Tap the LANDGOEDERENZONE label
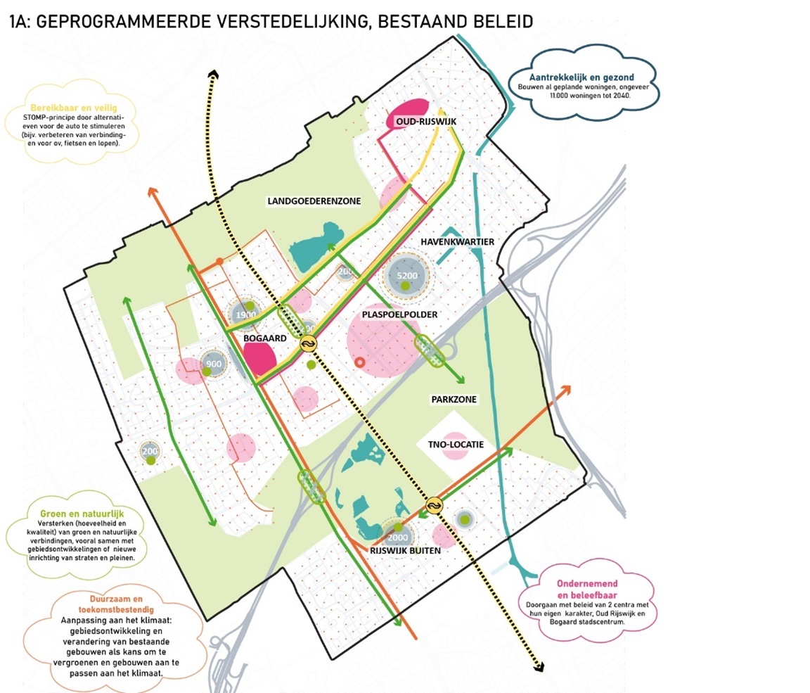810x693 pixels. pyautogui.click(x=314, y=201)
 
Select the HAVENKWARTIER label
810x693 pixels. pyautogui.click(x=457, y=242)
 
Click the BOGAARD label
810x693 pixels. pyautogui.click(x=264, y=338)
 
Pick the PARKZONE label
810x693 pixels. pyautogui.click(x=454, y=400)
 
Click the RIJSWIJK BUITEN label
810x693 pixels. pyautogui.click(x=406, y=552)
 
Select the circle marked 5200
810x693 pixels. pyautogui.click(x=407, y=276)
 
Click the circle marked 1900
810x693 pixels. pyautogui.click(x=246, y=315)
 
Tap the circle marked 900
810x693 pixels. pyautogui.click(x=214, y=364)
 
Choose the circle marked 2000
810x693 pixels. pyautogui.click(x=397, y=538)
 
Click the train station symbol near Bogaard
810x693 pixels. pyautogui.click(x=308, y=343)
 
